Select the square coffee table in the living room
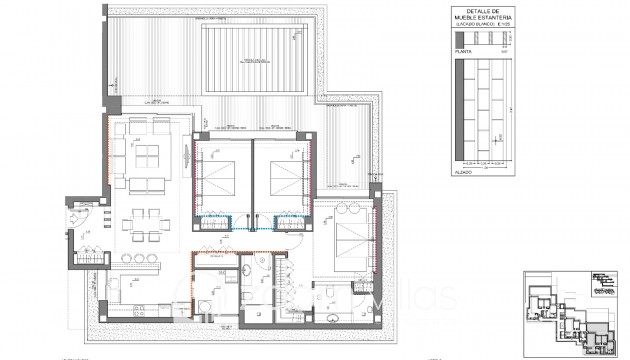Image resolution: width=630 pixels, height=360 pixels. coord(149,155)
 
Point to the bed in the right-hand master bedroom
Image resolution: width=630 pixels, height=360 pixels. coord(345,241)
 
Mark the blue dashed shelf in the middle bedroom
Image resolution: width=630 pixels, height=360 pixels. coord(290,224)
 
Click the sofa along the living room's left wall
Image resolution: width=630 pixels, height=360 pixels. coord(119,155)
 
